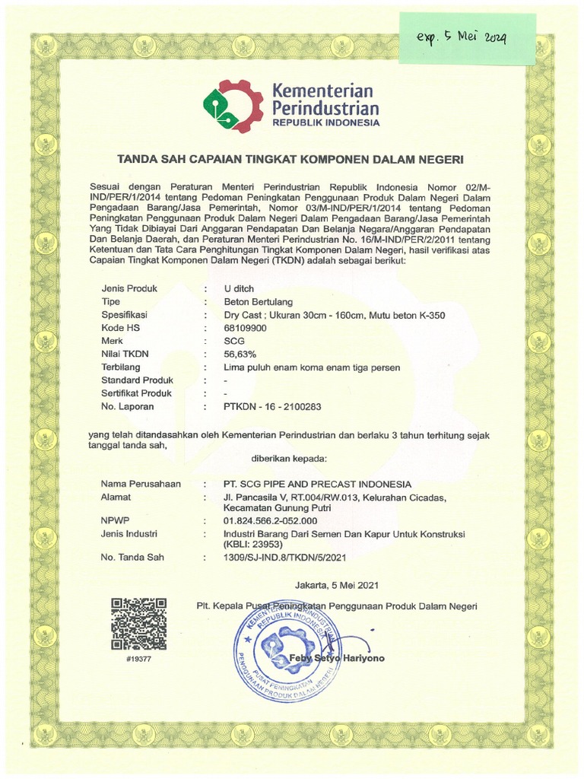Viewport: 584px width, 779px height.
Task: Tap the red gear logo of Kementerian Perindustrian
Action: point(232,107)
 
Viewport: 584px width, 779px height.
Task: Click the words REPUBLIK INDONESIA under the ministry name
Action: point(321,122)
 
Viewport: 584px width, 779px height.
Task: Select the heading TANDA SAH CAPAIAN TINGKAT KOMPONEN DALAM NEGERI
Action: point(289,160)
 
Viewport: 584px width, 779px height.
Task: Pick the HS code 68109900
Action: point(246,328)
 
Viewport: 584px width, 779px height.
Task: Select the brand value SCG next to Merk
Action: point(234,341)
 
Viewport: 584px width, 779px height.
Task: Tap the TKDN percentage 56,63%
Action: point(240,354)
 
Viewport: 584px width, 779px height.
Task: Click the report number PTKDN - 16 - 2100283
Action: point(272,407)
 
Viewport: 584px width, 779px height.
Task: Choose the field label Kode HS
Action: point(122,328)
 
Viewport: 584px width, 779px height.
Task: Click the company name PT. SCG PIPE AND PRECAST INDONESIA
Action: point(317,484)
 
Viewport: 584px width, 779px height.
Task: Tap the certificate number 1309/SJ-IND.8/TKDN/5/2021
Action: point(285,558)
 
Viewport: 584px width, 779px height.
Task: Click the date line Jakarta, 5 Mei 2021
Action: point(336,585)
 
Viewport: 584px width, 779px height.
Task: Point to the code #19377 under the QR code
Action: point(138,659)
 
